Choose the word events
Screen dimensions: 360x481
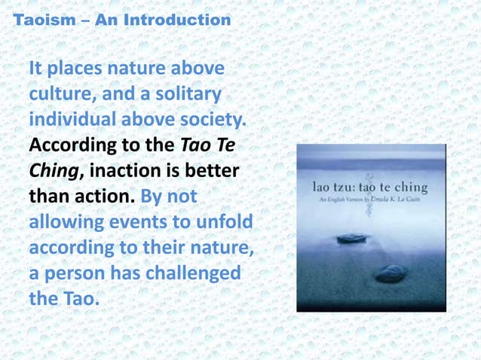click(x=143, y=224)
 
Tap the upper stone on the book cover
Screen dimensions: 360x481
click(x=351, y=239)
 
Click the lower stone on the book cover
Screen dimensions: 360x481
click(x=391, y=273)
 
